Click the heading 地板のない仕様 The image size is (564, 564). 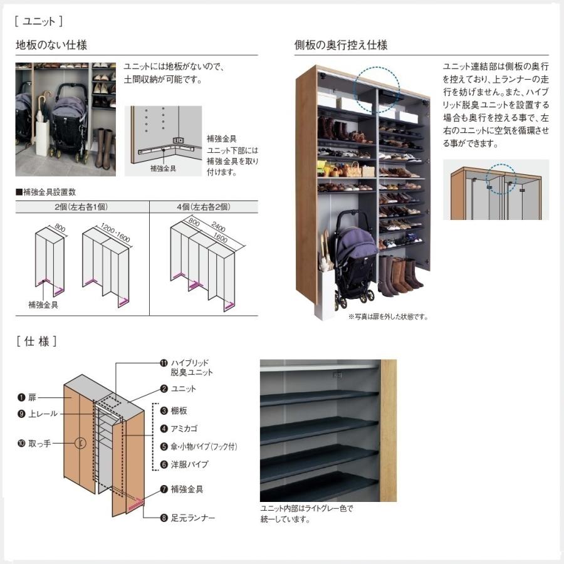51,45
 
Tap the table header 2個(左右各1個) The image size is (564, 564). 82,206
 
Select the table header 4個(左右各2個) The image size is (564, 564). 202,206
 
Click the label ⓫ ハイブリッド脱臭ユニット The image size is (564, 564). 187,367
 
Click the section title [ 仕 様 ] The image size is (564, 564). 37,342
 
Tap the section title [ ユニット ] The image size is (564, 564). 38,21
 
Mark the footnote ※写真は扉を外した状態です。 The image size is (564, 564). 388,317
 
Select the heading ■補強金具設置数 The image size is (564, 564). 46,192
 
